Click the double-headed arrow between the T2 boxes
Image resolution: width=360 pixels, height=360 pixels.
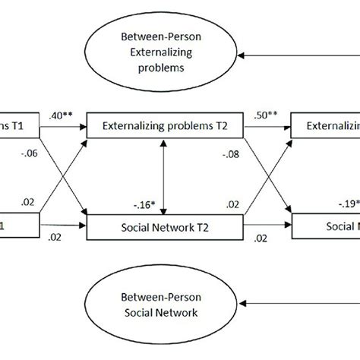click(x=165, y=176)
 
